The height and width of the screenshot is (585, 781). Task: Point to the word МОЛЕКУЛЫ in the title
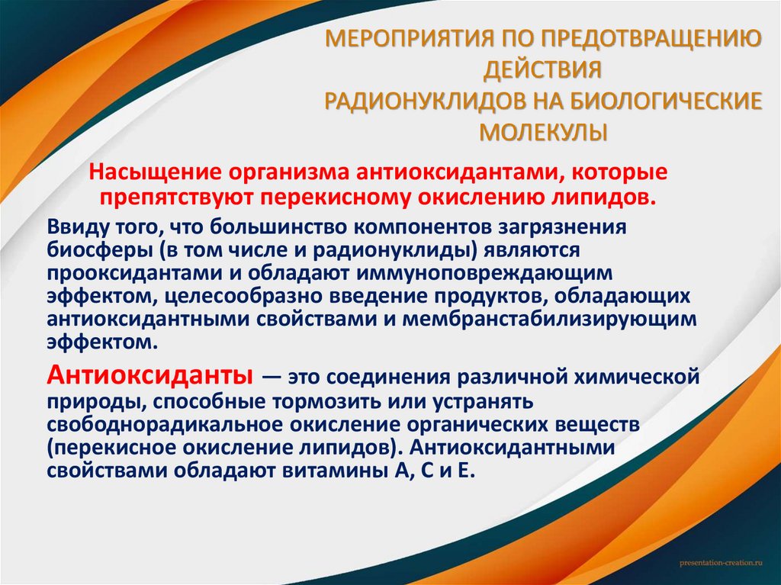point(544,131)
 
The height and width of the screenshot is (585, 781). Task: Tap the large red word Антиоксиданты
point(150,375)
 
